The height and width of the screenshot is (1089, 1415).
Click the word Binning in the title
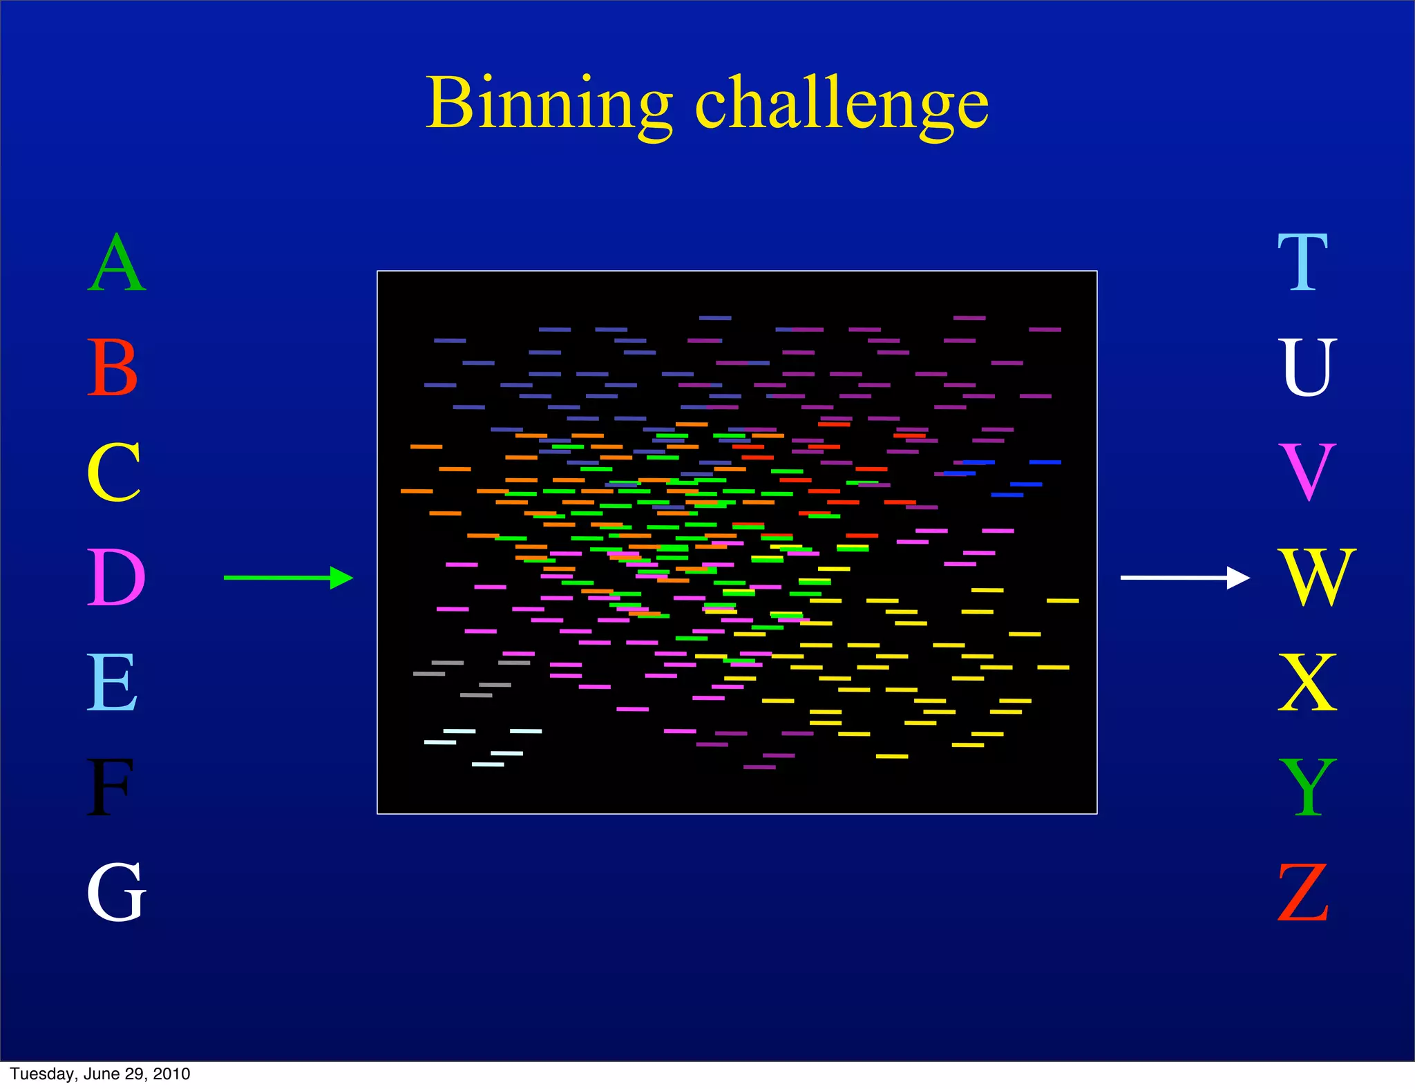pos(549,104)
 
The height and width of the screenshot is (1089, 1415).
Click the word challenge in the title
pos(842,104)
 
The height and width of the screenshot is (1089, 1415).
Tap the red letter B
pos(113,368)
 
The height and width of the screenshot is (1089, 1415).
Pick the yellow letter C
pos(114,473)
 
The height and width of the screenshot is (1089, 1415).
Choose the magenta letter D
pos(116,578)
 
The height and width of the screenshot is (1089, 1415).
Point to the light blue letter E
pos(112,683)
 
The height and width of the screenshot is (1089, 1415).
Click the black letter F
pos(109,788)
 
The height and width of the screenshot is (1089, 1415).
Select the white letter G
pos(116,893)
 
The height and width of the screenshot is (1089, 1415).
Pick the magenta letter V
pos(1307,473)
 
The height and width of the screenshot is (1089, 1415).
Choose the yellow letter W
pos(1317,578)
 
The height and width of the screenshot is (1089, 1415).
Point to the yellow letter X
pos(1307,683)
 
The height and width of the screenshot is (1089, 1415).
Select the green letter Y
pos(1307,788)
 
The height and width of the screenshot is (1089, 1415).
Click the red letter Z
pos(1303,893)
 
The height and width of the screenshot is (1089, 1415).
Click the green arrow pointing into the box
pos(288,578)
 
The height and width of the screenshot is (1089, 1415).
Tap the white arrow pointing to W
pos(1184,578)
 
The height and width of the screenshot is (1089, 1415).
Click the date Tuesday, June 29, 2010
pos(100,1074)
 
